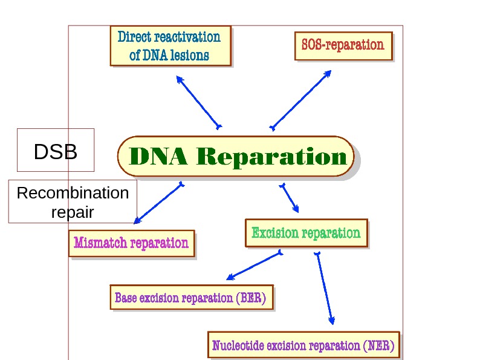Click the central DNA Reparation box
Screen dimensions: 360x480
235,156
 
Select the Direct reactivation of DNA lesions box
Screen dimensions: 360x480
170,46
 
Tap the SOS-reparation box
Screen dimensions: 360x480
343,45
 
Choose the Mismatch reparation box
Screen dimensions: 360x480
131,243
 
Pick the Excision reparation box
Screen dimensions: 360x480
306,233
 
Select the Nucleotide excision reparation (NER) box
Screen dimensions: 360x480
303,346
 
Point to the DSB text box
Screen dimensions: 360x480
56,152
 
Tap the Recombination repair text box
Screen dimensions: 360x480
73,202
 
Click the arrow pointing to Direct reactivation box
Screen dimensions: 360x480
198,101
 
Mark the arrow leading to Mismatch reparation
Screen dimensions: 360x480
158,203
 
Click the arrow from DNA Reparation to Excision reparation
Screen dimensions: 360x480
289,197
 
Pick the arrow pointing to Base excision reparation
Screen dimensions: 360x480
254,266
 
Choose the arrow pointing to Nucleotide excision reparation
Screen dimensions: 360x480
324,288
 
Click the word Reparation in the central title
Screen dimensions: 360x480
273,157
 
